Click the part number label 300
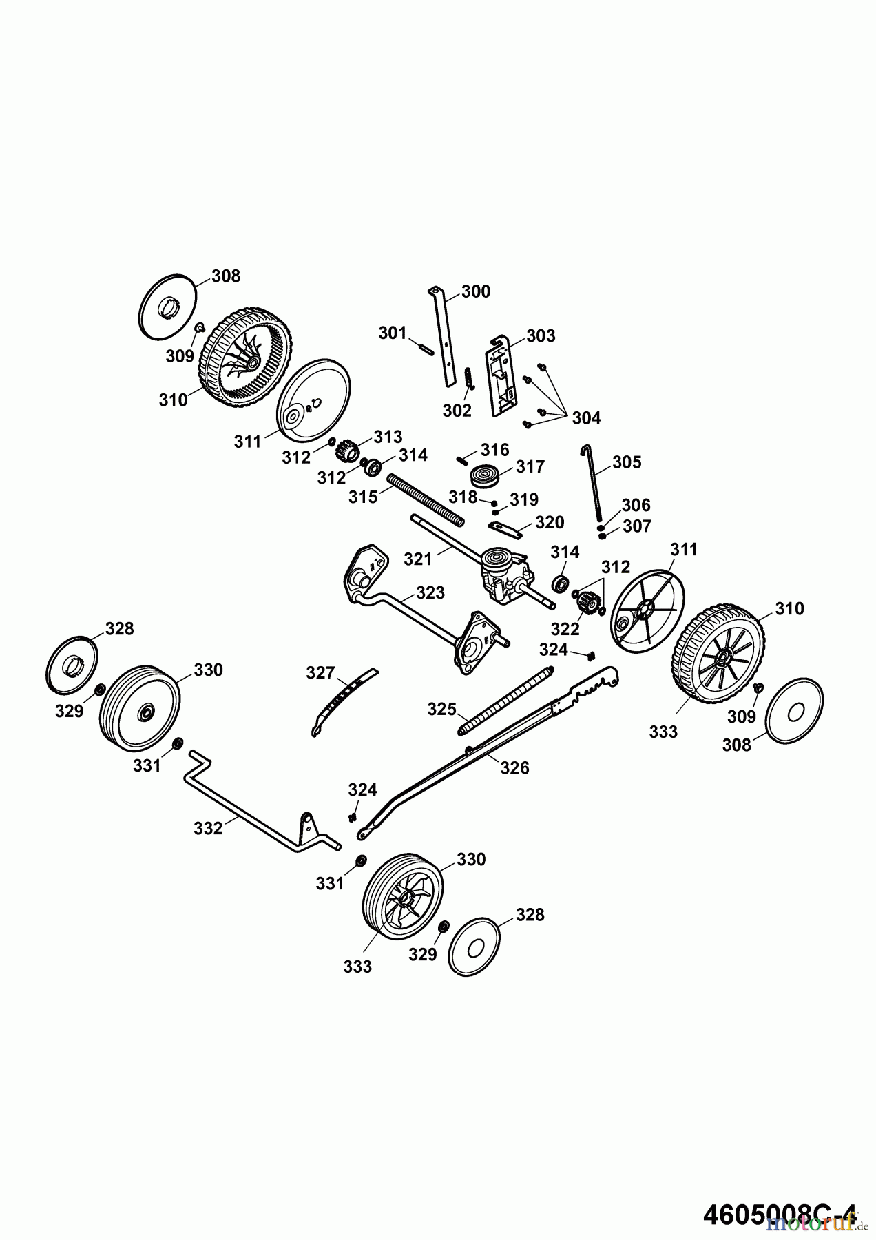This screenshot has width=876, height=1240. click(476, 291)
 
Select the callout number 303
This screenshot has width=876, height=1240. click(541, 335)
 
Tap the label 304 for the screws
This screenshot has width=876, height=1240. click(586, 417)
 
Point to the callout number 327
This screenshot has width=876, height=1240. click(320, 672)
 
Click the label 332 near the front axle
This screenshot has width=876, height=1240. click(208, 828)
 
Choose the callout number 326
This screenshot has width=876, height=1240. click(514, 767)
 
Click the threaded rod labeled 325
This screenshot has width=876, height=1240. click(505, 696)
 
